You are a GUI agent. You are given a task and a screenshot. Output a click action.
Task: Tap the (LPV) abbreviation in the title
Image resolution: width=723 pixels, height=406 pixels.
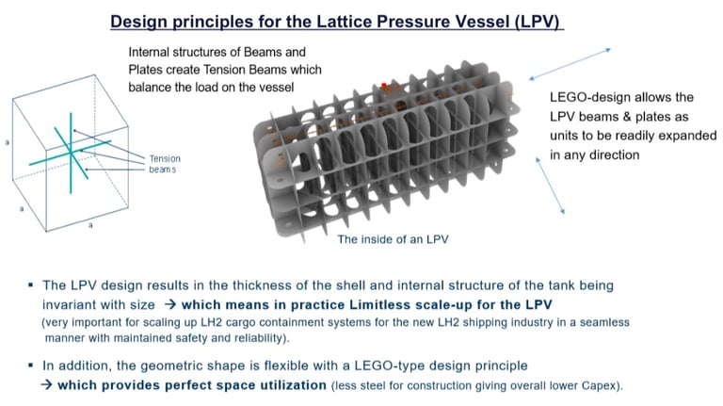pos(537,21)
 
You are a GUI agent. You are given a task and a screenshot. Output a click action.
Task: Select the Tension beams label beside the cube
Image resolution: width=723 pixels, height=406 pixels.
pos(166,164)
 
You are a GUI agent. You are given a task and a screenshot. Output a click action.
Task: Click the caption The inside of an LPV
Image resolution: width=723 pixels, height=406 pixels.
pos(393,239)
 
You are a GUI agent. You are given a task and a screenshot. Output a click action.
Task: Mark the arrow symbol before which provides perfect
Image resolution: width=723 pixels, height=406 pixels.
pos(46,384)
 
